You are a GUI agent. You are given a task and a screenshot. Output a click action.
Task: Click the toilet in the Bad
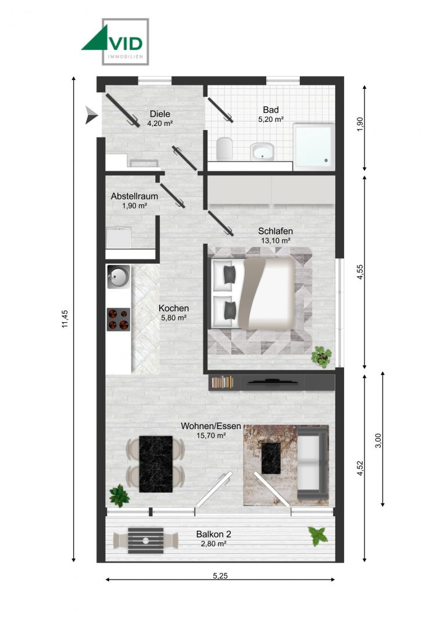tap(224, 149)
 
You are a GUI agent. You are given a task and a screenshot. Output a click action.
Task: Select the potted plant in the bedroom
tap(321, 355)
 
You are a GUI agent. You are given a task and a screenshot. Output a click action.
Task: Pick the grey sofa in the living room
tap(313, 464)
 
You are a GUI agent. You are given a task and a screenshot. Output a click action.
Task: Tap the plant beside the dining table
tap(119, 495)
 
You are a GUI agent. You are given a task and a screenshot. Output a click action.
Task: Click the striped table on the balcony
tap(146, 540)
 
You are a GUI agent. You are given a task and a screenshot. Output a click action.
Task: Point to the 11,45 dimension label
tap(65, 319)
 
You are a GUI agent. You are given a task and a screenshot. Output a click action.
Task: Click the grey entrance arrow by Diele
tap(90, 114)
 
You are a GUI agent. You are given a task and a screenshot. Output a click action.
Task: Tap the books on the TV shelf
tap(222, 382)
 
